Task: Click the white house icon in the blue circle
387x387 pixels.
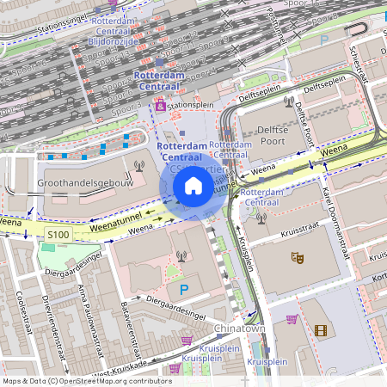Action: click(193, 186)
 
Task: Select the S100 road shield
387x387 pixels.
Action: click(58, 234)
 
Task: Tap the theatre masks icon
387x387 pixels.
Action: click(297, 256)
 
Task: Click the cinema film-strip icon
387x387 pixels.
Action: click(320, 330)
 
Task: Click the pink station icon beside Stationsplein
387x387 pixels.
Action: click(159, 106)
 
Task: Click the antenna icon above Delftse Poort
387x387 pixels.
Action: click(287, 101)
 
